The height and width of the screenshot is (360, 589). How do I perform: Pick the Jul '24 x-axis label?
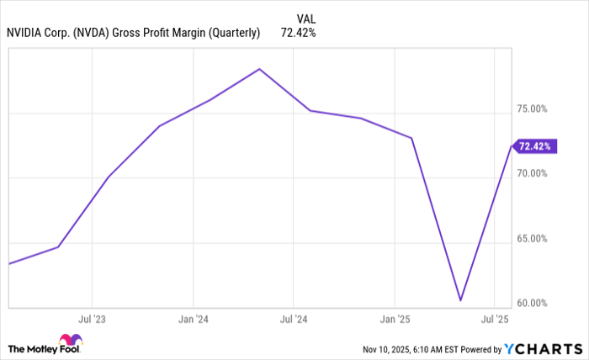click(293, 320)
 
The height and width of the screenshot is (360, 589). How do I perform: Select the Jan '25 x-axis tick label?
click(395, 320)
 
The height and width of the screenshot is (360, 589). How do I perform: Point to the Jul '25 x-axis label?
click(494, 320)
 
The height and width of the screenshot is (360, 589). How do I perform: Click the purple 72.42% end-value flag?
click(533, 146)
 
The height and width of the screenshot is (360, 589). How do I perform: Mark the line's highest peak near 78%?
click(259, 69)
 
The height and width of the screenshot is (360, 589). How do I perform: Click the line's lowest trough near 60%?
click(460, 300)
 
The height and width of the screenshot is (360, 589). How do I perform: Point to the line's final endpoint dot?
click(511, 146)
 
